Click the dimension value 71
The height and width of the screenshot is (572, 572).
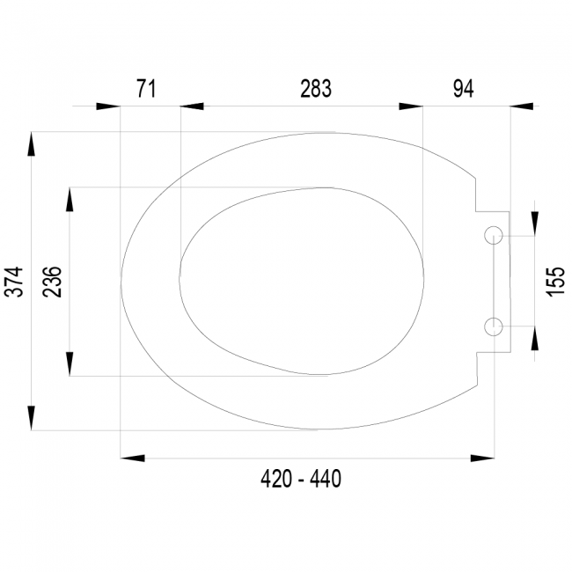click(146, 89)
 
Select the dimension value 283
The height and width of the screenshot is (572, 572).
click(316, 89)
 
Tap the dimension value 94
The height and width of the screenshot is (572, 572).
click(463, 89)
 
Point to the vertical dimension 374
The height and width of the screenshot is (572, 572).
click(14, 282)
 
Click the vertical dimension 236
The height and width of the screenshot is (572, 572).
click(52, 282)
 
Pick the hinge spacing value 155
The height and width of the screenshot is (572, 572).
click(555, 282)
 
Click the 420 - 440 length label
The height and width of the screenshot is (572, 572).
click(301, 479)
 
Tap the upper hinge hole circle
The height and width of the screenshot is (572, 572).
click(494, 227)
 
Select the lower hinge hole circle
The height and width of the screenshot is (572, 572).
click(494, 318)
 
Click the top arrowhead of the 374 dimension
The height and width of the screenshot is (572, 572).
click(32, 144)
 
